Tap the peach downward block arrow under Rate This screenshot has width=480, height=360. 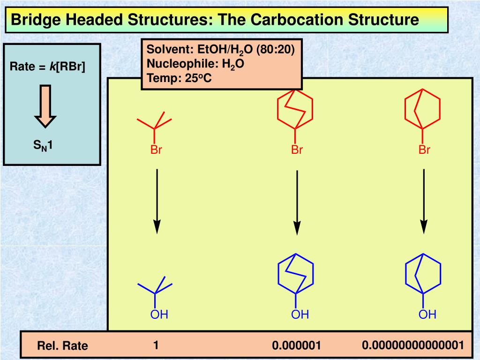(x=45, y=106)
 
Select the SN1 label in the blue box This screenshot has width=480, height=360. (x=43, y=145)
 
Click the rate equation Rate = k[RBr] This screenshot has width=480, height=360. (x=47, y=67)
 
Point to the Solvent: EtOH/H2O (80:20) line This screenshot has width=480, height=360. (x=220, y=50)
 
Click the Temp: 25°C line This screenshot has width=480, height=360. (x=179, y=78)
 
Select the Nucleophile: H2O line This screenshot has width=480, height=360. (x=195, y=64)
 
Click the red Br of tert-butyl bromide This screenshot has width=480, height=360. (x=156, y=150)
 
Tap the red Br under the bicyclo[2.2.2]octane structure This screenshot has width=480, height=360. (x=297, y=150)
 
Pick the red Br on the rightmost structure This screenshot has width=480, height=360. (x=424, y=150)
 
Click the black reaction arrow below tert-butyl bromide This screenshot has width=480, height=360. (x=157, y=202)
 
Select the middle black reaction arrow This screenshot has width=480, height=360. (x=297, y=202)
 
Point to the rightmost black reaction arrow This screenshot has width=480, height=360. (x=424, y=202)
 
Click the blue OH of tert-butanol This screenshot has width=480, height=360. (x=159, y=315)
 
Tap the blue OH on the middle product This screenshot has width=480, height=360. (x=300, y=315)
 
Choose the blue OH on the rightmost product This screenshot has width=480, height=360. (x=427, y=315)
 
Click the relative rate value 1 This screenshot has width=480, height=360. (x=156, y=345)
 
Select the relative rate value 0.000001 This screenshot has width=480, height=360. (x=296, y=345)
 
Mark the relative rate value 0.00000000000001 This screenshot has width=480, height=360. (x=413, y=345)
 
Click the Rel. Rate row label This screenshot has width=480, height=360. (x=62, y=345)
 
